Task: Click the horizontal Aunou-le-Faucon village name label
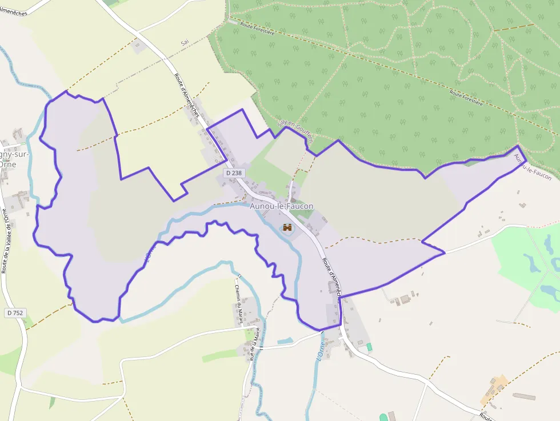pos(281,206)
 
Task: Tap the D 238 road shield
pos(234,172)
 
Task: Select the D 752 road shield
pos(15,312)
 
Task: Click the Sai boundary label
pos(184,43)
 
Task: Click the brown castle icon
pos(287,228)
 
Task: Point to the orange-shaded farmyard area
pos(494,388)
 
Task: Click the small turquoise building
pos(369,347)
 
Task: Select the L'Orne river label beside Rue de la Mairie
pos(320,348)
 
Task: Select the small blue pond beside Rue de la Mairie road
pos(285,341)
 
